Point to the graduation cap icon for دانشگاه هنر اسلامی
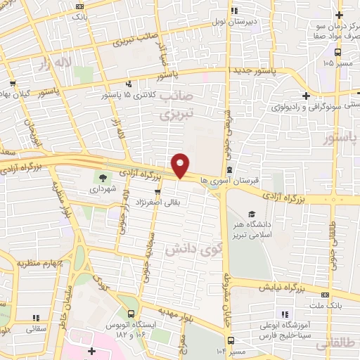point(252,214)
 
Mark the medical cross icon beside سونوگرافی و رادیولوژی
point(305,95)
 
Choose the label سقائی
point(35,328)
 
